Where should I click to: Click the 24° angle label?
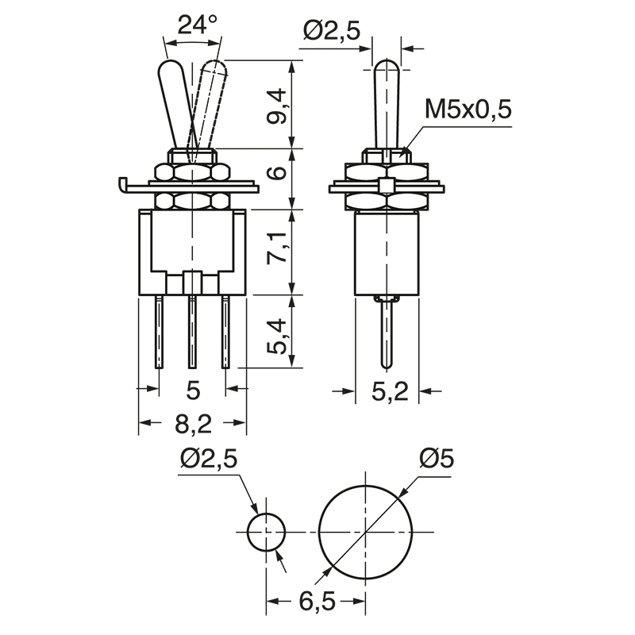click(x=197, y=25)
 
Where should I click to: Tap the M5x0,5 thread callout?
click(x=468, y=110)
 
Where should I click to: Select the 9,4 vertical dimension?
click(x=277, y=106)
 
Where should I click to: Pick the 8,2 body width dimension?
click(x=193, y=424)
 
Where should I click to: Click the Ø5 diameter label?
click(x=437, y=459)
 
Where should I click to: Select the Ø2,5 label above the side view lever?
click(x=331, y=31)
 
